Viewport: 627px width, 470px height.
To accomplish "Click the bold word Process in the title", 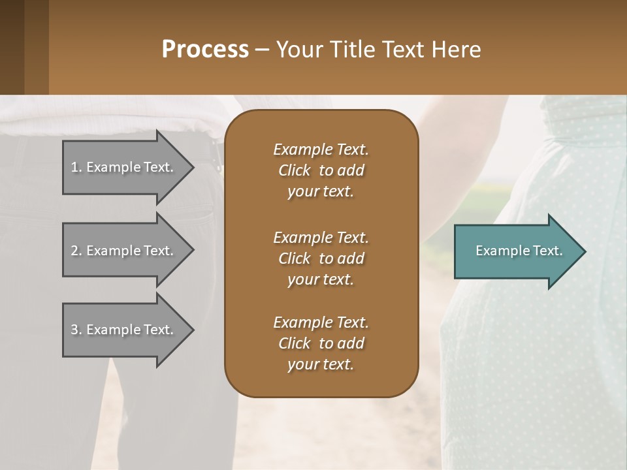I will pos(205,49).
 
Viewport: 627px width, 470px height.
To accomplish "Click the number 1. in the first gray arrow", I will pos(76,167).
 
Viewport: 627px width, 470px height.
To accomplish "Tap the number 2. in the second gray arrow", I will pos(76,251).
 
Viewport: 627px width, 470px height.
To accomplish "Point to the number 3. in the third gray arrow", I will pos(76,330).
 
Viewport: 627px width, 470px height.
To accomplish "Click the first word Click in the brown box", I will pos(295,170).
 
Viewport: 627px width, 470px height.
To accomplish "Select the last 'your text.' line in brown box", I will pos(321,364).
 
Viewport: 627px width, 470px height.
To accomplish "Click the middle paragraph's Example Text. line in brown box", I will pos(321,237).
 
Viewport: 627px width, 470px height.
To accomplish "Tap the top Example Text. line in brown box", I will pos(321,149).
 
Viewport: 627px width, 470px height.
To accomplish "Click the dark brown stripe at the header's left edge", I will pos(12,47).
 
